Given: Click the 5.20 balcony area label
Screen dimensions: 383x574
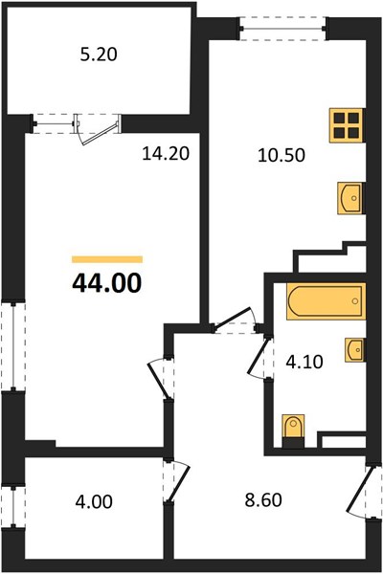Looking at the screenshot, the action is (99, 55).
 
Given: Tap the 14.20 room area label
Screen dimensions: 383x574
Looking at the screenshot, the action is (166, 153).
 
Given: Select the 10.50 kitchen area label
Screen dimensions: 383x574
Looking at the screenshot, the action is (282, 155).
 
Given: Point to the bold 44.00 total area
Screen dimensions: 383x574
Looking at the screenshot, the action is (106, 283).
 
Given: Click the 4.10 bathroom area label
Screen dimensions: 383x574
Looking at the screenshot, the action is (304, 362).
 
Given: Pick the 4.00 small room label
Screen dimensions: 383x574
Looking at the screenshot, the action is (94, 501).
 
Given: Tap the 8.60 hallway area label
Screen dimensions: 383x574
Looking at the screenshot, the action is (263, 500).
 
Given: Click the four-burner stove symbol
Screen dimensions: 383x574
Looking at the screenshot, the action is (347, 125).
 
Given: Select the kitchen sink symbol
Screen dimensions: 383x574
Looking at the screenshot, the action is (350, 198).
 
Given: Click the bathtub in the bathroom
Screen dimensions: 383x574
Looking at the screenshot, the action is (326, 301).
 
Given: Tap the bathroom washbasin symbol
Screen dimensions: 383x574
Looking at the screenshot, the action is (354, 350).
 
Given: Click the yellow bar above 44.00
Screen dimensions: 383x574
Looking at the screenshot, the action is (107, 259).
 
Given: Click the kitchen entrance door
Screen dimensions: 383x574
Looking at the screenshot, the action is (235, 320).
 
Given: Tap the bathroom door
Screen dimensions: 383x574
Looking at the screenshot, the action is (260, 358).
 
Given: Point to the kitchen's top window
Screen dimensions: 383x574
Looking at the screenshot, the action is (282, 28).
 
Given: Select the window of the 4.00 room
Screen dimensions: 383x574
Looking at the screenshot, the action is (13, 507).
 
